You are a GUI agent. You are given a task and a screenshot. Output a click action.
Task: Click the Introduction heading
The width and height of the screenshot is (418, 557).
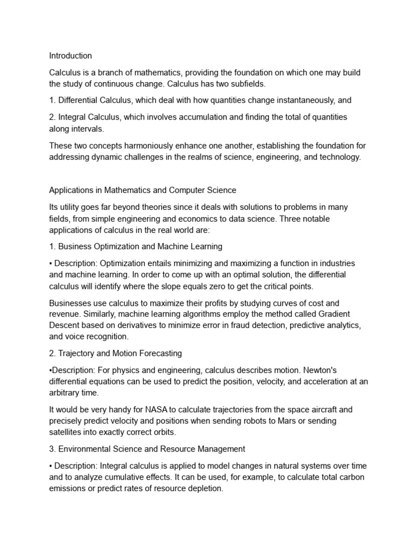[71, 56]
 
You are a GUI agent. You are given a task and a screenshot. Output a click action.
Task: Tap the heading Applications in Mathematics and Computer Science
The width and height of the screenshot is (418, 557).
[143, 190]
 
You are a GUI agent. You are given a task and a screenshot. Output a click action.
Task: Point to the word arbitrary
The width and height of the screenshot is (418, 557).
[65, 393]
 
